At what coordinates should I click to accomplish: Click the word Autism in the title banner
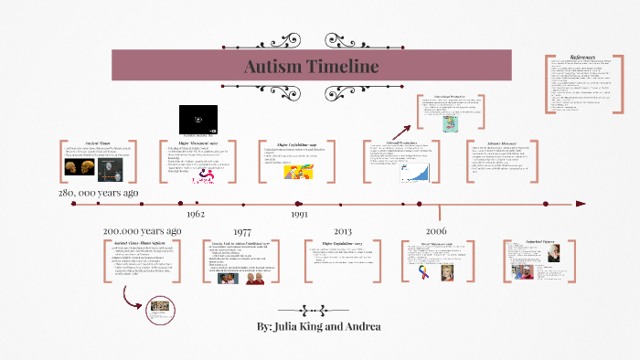click(273, 67)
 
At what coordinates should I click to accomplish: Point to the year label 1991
click(299, 214)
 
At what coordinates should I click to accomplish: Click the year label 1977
click(244, 232)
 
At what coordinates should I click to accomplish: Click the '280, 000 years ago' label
click(99, 194)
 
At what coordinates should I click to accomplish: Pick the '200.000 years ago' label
click(142, 231)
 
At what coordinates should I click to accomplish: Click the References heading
click(583, 58)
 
